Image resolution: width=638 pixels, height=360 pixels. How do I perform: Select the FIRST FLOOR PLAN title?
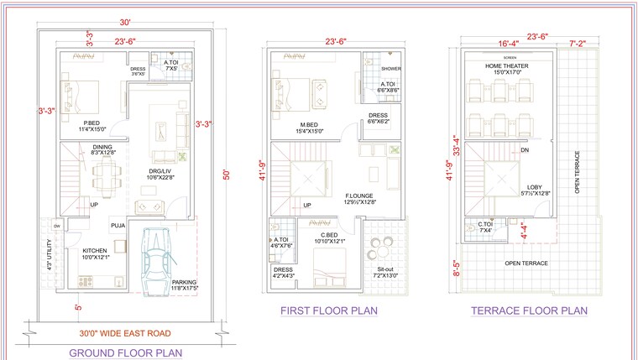pos(328,310)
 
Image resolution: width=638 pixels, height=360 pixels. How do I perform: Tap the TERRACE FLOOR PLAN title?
pos(529,310)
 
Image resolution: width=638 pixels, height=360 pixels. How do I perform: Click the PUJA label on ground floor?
pos(117,225)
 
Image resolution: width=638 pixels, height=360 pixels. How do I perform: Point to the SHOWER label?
pos(390,69)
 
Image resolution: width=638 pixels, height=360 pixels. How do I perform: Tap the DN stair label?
pos(525,150)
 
